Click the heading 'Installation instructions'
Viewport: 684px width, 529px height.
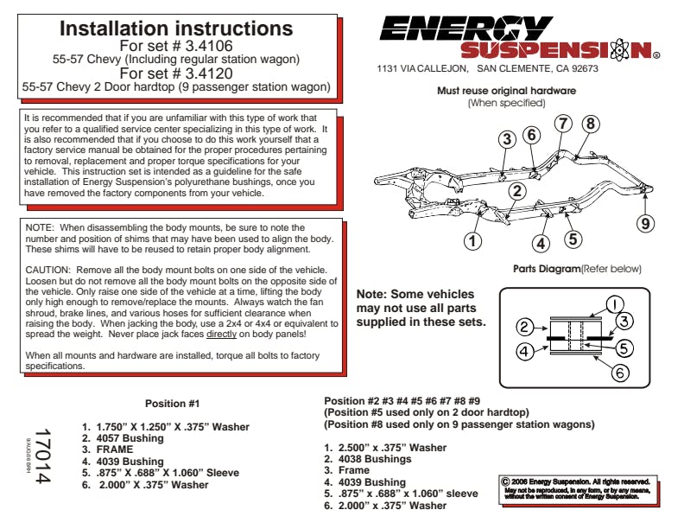tap(175, 29)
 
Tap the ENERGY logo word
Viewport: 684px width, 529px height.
tap(466, 28)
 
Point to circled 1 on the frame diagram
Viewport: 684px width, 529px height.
tap(472, 240)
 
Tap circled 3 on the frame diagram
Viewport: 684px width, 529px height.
tap(507, 138)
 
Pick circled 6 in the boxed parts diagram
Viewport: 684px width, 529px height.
tap(621, 373)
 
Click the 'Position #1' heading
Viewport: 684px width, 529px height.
tap(173, 404)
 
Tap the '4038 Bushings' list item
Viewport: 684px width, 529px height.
tap(374, 459)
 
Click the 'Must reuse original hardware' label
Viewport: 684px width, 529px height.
tap(506, 91)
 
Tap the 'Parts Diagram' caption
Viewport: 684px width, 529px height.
tap(547, 269)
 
